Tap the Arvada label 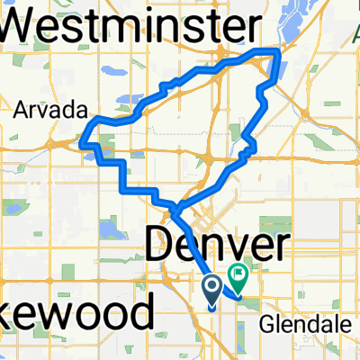pyautogui.click(x=50, y=111)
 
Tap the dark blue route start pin pyautogui.click(x=212, y=289)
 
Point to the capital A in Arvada pyautogui.click(x=22, y=111)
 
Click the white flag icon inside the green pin pyautogui.click(x=240, y=269)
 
